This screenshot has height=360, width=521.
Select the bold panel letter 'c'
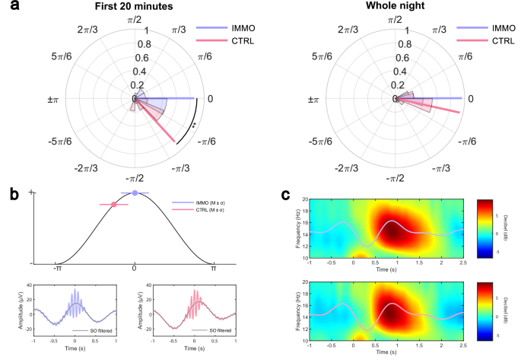(x=285, y=195)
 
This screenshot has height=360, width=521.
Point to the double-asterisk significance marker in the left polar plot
(x=193, y=125)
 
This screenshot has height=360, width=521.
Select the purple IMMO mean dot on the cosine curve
(x=135, y=193)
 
